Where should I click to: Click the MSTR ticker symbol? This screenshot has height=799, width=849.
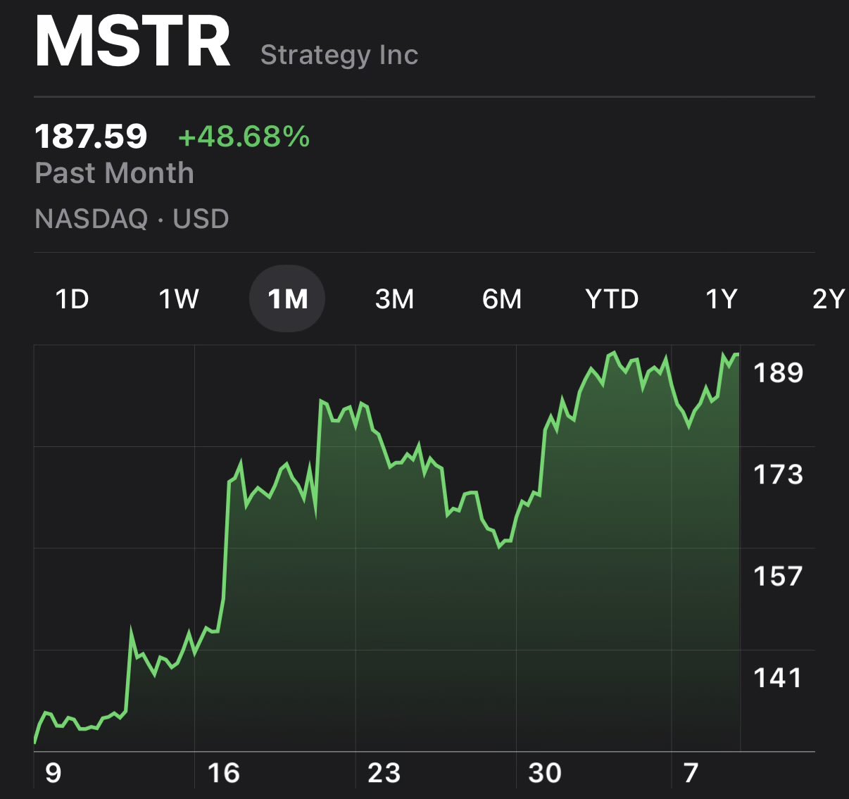(x=132, y=42)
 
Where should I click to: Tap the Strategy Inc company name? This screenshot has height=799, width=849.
(x=339, y=55)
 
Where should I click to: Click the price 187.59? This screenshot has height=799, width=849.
(x=91, y=137)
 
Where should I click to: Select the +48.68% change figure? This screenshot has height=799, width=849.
(x=244, y=137)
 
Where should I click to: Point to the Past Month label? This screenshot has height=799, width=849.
(x=115, y=173)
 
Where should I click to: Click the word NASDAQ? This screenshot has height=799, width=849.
(x=92, y=218)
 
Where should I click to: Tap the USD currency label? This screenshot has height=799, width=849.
(x=201, y=218)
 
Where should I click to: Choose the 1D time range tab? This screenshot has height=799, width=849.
(x=73, y=298)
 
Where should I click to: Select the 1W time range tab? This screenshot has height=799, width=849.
(x=179, y=298)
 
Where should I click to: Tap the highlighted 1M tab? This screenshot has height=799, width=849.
(x=287, y=298)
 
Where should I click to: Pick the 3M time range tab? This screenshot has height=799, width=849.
(x=394, y=298)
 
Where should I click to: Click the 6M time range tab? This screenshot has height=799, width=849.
(x=502, y=298)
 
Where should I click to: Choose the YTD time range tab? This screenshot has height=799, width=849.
(x=612, y=298)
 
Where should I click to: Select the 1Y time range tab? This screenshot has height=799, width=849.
(x=722, y=298)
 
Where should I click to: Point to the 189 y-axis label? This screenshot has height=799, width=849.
(x=779, y=372)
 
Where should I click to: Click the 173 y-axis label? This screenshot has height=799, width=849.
(x=779, y=474)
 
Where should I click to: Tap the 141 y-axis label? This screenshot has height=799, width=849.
(x=778, y=678)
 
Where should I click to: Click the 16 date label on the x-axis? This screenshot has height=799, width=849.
(x=224, y=773)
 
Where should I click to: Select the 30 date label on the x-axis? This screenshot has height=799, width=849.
(x=545, y=773)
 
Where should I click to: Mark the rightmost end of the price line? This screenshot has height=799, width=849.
(x=738, y=354)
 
